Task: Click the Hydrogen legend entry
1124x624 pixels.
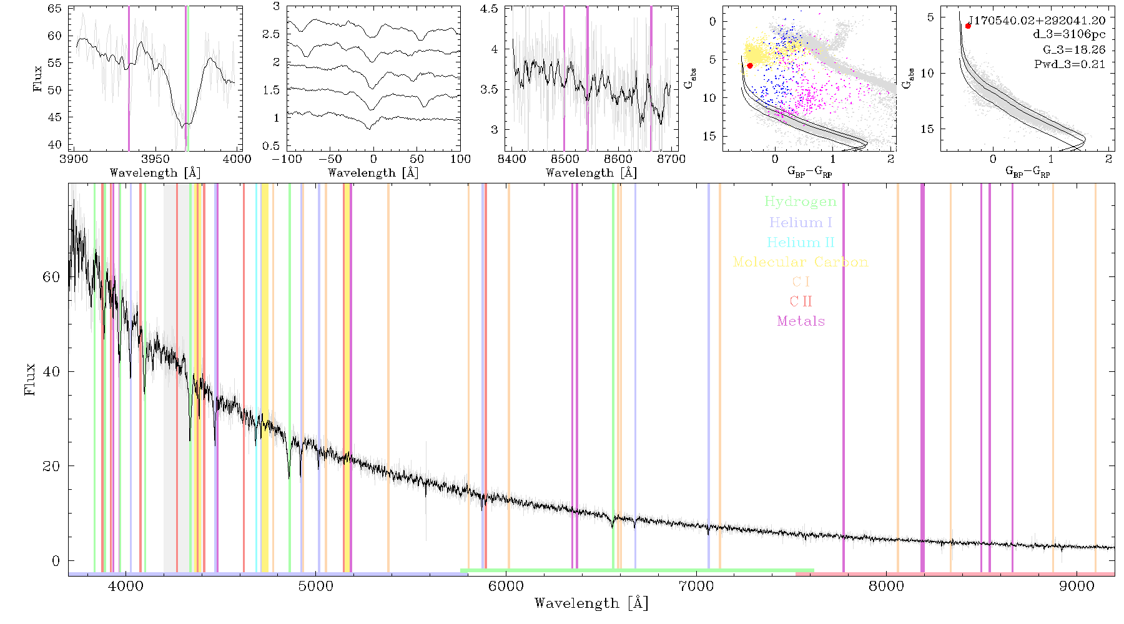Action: pos(801,202)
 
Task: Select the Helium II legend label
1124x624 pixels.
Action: pos(801,242)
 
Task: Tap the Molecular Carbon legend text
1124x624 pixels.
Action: pos(801,262)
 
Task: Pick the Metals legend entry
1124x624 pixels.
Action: pos(801,321)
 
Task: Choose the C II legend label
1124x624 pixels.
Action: pos(801,301)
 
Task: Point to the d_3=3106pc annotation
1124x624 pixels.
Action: pos(1069,35)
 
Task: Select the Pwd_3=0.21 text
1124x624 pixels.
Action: pos(1070,64)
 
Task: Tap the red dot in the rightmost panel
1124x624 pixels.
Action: pos(968,26)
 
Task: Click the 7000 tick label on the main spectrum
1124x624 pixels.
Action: pos(696,586)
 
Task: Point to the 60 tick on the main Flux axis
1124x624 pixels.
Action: pos(51,276)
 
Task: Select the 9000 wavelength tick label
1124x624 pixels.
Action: pos(1077,586)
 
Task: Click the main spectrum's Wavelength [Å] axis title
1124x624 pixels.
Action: pos(591,603)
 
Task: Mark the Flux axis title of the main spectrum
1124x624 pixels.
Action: pos(29,379)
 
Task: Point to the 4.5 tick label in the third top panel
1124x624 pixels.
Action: pos(489,9)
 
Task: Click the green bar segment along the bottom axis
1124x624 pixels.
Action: pos(637,570)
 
